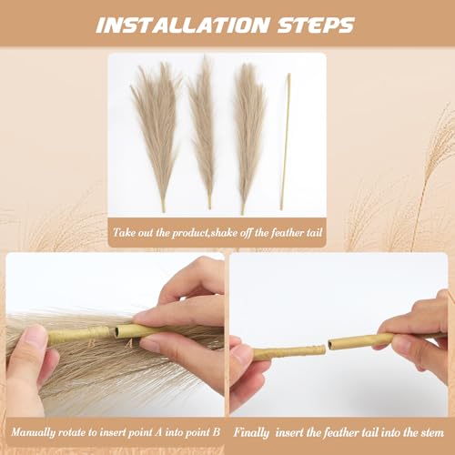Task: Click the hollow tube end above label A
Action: [120, 332]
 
